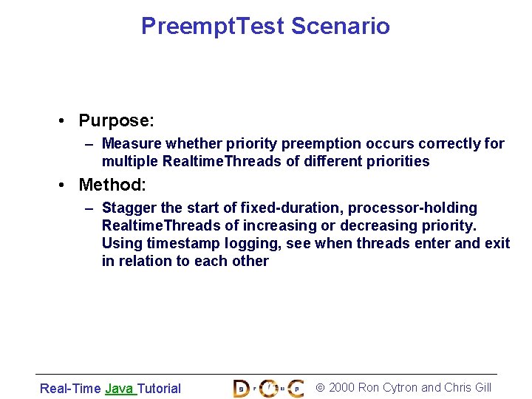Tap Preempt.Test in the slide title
point(213,27)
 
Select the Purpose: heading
point(116,120)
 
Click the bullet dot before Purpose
point(66,121)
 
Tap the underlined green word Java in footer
point(120,388)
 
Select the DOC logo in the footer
point(267,387)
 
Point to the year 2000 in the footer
point(341,387)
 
